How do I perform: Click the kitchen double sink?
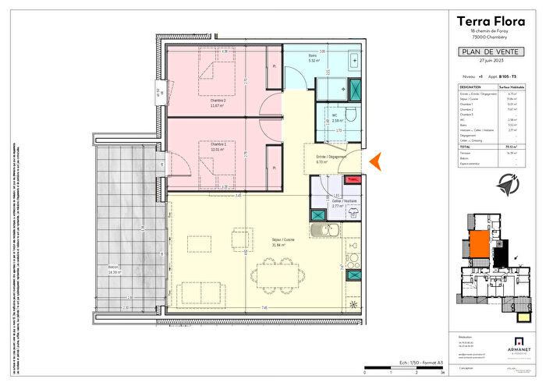321,230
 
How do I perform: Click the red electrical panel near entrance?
353,180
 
